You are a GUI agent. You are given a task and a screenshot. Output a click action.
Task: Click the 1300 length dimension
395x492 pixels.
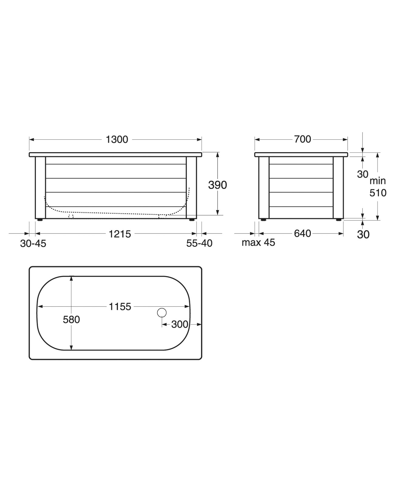pos(117,139)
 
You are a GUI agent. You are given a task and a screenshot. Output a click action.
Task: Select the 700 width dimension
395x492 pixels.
pos(302,139)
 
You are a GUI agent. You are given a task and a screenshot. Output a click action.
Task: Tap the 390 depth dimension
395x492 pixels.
pos(218,185)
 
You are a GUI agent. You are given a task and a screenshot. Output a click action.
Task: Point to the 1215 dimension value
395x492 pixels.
pos(120,234)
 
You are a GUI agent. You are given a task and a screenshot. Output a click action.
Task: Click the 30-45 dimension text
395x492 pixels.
pos(33,244)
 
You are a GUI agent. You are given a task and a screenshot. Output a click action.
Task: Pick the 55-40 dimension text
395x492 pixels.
pos(199,243)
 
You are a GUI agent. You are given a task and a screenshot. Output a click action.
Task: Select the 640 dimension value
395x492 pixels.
pos(302,234)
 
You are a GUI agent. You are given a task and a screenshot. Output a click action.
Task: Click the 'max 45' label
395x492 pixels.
pos(259,243)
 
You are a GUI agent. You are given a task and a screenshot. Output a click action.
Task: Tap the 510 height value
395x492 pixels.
pos(378,193)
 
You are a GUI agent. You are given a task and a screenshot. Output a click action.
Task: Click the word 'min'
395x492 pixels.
pos(378,181)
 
